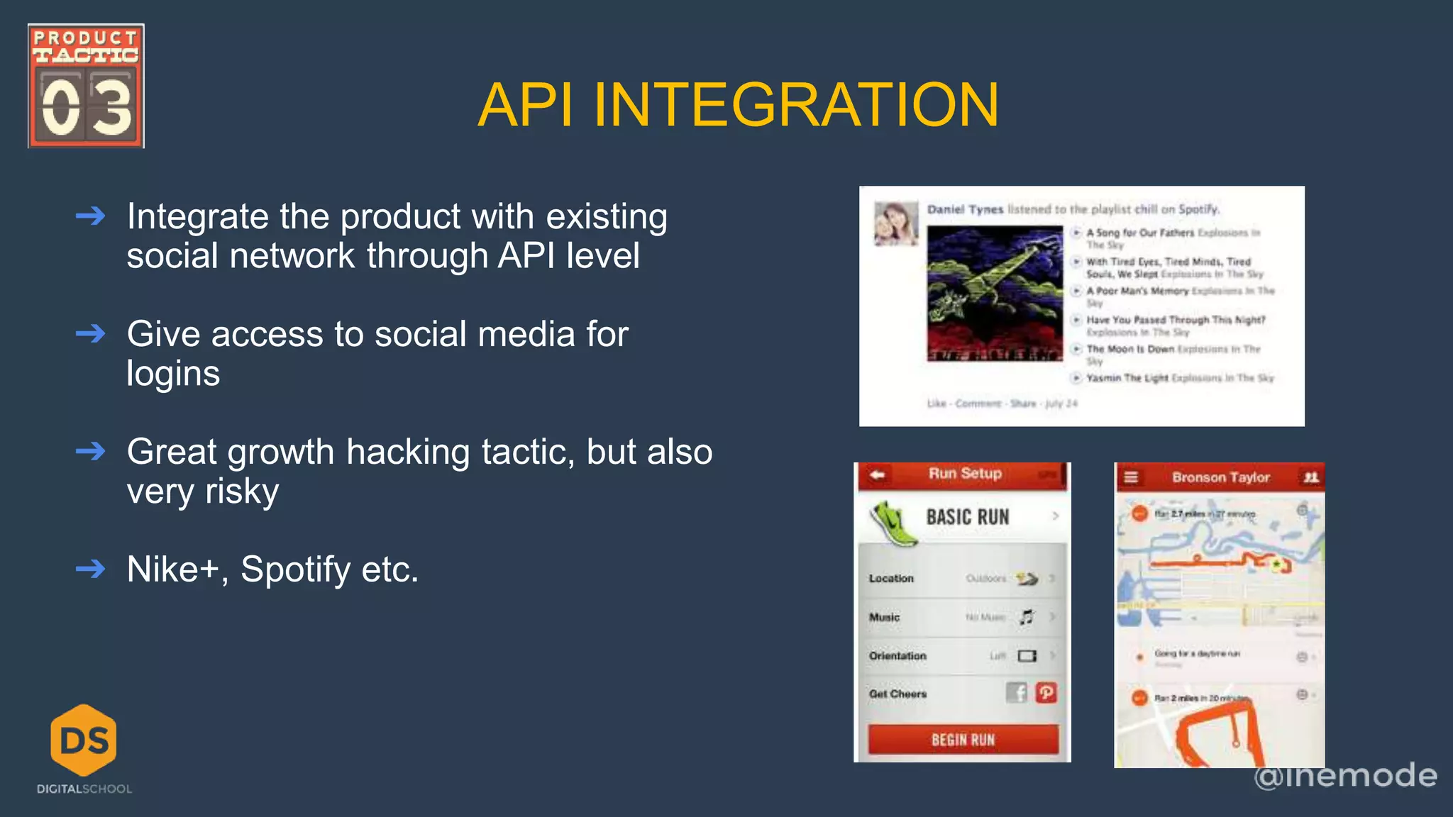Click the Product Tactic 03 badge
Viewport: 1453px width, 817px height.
(86, 86)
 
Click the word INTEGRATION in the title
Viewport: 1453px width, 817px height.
(796, 105)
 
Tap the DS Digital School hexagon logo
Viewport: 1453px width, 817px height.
(84, 740)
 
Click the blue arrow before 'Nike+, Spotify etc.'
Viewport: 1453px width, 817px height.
(91, 569)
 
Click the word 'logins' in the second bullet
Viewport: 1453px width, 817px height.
(173, 374)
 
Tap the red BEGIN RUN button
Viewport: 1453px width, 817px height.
(963, 740)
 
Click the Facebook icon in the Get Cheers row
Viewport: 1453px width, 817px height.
(1017, 692)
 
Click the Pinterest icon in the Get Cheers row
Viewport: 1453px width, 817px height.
(1046, 692)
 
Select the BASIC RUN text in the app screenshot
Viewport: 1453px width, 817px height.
(968, 517)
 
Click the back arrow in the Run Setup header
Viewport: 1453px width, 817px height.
(878, 474)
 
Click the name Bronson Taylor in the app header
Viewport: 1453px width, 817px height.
(1220, 477)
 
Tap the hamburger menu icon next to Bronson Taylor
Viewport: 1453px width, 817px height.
(1132, 477)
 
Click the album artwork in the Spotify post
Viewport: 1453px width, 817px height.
(995, 294)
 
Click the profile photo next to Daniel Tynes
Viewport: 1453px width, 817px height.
(895, 224)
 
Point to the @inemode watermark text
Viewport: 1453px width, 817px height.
(1345, 775)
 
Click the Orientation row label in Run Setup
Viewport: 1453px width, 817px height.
(897, 656)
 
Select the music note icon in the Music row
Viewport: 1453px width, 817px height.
(1027, 617)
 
